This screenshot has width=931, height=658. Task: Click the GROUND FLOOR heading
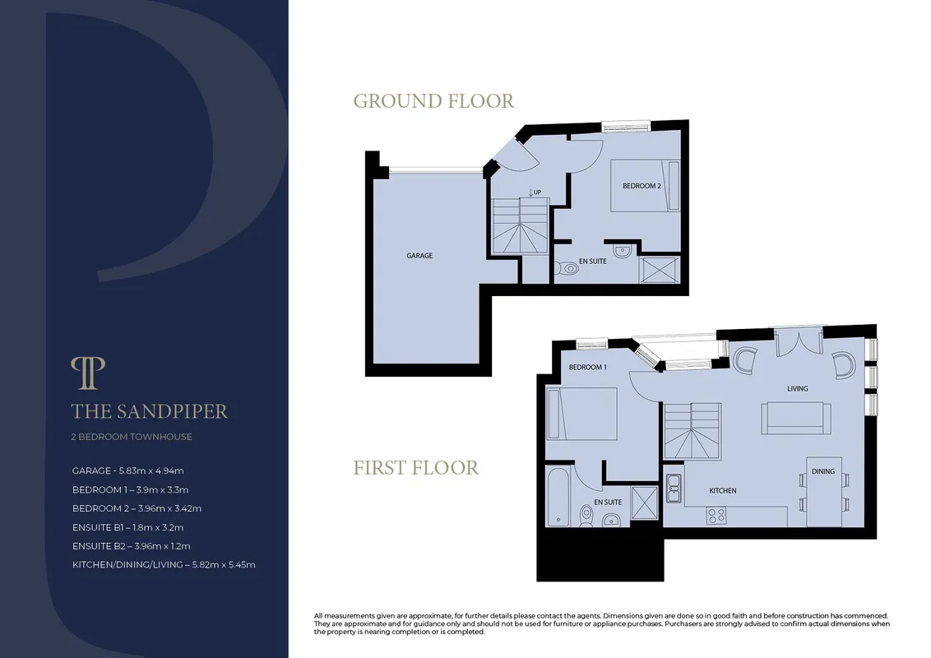coord(433,101)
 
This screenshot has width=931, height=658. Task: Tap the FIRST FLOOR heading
coord(415,468)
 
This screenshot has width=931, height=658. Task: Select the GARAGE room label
coord(419,255)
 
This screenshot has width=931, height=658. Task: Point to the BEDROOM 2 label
coord(642,186)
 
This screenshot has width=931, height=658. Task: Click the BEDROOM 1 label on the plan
coord(587,367)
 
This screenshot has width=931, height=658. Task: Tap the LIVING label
coord(798,388)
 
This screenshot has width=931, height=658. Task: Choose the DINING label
coord(823,471)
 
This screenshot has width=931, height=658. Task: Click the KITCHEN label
coord(723,490)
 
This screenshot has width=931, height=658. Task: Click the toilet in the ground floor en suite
coord(567,268)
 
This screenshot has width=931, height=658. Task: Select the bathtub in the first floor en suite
coord(558,497)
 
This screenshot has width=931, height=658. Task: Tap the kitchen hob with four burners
coord(716,515)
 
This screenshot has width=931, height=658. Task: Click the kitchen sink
coord(674,489)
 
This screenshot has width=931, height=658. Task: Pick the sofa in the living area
coord(796,418)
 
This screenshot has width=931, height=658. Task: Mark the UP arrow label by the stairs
coord(535,192)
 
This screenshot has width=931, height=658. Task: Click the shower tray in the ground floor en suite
coord(659,270)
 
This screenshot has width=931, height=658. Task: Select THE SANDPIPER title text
coord(149,411)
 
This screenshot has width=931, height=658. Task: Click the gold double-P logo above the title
coord(88,373)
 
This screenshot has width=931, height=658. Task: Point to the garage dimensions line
coord(127,471)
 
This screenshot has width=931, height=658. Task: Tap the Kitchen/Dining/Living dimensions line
coord(164,565)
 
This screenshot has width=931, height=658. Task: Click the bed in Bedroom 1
coord(582,414)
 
